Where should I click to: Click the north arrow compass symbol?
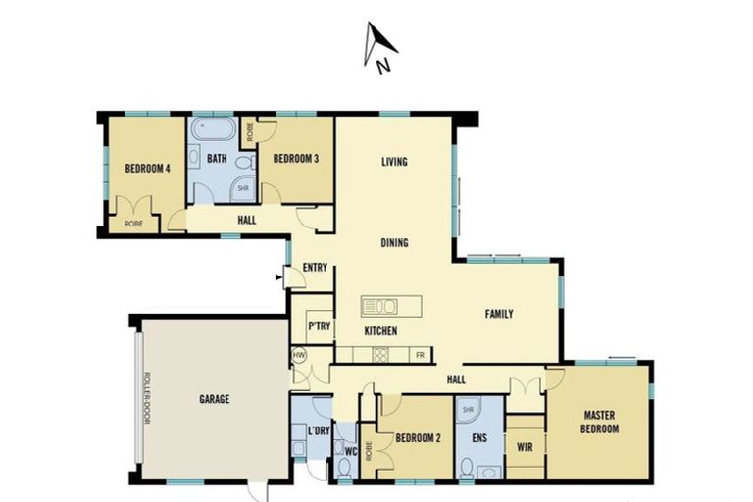[x=380, y=47]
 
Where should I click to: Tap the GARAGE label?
[x=214, y=399]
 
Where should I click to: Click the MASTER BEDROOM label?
[x=600, y=422]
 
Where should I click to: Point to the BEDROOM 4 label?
[x=148, y=168]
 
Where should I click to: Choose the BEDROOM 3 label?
[x=295, y=159]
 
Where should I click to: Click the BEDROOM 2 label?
[x=418, y=438]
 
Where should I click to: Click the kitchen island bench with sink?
[x=390, y=305]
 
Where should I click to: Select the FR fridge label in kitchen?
[x=420, y=354]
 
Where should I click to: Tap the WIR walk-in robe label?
[x=524, y=447]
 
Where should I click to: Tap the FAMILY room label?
[x=499, y=314]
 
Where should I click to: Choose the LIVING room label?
[x=394, y=162]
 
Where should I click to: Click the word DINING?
[x=394, y=242]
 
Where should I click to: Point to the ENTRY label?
[x=315, y=267]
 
